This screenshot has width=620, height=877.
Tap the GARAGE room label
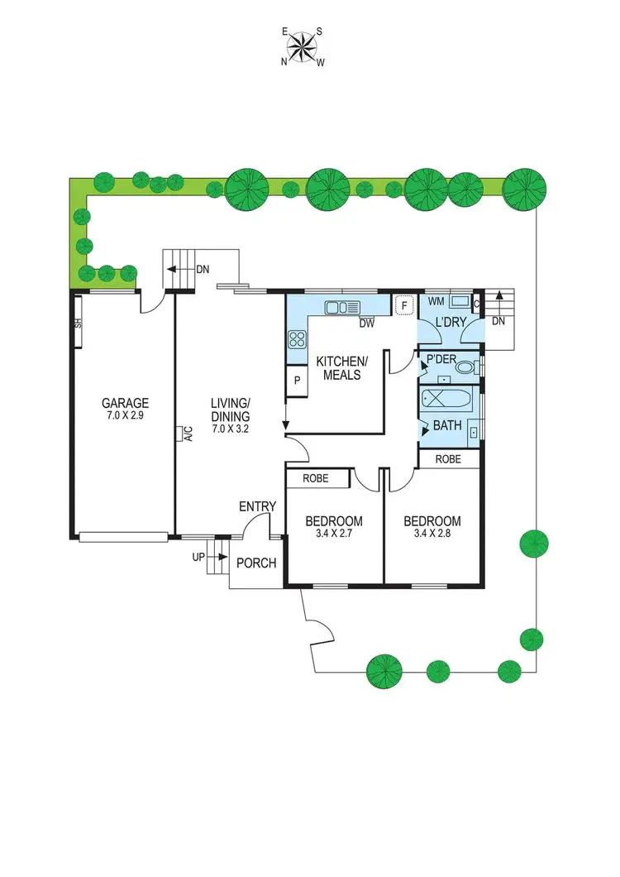125,404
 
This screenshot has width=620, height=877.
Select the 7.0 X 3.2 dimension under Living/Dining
230,429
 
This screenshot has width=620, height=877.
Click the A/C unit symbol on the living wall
179,434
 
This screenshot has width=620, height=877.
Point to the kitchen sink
340,308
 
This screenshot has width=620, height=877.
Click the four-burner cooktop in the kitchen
297,338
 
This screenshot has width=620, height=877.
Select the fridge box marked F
404,305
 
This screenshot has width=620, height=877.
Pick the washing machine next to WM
460,302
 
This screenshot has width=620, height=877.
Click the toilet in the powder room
465,367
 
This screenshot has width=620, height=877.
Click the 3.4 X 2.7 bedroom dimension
333,534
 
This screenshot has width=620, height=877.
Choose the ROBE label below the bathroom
448,458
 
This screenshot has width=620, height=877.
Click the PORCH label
256,563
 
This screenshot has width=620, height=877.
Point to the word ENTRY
257,506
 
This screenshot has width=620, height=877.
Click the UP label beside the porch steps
198,557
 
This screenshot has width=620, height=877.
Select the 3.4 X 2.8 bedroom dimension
432,534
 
